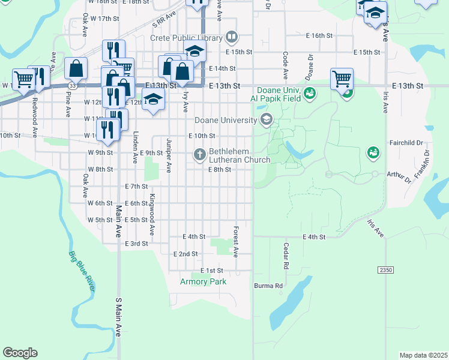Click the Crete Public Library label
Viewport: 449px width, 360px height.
(x=185, y=38)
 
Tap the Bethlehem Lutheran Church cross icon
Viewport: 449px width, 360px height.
(x=200, y=155)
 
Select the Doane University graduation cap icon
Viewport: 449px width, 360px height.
(x=266, y=121)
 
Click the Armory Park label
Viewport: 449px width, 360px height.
(x=203, y=281)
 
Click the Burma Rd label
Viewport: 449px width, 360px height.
(x=268, y=286)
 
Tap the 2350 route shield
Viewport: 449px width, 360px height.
(x=385, y=271)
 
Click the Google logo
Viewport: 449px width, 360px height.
(x=20, y=353)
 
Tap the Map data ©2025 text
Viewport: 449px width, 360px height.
(x=423, y=355)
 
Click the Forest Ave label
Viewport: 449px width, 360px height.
(x=236, y=242)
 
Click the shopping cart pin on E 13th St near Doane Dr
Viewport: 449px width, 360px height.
(x=342, y=79)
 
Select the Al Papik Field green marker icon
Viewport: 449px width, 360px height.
(x=309, y=93)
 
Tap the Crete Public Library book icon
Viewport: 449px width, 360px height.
(x=232, y=38)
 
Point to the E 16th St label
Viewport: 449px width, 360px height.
(x=319, y=35)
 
